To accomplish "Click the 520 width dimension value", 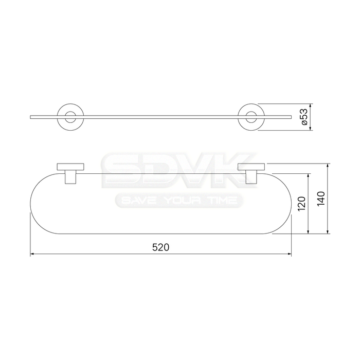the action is tap(160, 247).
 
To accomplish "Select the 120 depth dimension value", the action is tap(301, 204).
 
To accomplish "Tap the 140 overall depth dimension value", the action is tap(321, 199).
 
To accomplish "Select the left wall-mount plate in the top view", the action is tap(70, 167).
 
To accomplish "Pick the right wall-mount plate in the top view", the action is tap(251, 167).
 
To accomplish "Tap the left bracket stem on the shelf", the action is tap(70, 177).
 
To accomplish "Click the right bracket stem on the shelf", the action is tap(251, 177).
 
